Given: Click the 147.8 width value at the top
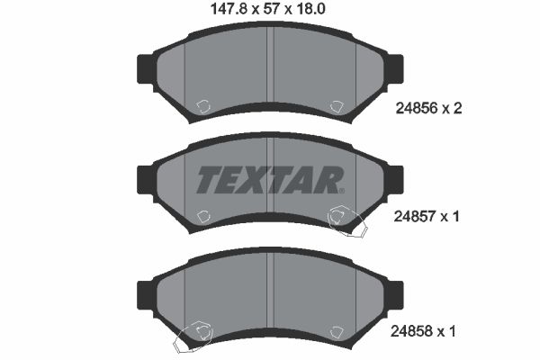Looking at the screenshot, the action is point(229,9).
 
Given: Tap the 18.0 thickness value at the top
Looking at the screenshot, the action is point(310,9).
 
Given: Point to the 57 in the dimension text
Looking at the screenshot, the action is point(271,9).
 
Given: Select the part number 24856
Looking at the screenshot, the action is point(417,109).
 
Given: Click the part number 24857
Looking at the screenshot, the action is point(415,217).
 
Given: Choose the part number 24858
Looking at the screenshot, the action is point(411,331).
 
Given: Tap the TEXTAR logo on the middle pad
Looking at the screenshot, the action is point(270,180).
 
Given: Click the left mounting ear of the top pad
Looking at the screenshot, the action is point(146,69).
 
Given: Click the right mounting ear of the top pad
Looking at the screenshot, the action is point(395,69).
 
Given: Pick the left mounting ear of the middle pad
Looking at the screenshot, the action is point(146,180).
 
